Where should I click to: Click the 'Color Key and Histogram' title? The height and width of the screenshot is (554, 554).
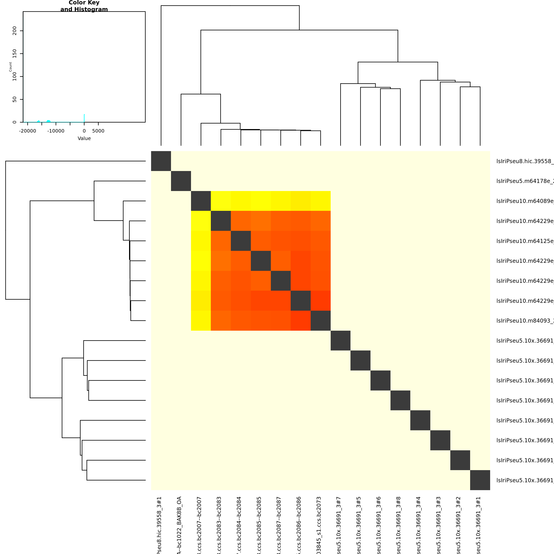coord(84,6)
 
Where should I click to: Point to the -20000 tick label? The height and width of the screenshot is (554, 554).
coord(28,131)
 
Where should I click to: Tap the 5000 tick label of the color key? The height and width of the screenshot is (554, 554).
coord(98,131)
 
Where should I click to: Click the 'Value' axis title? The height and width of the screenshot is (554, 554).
coord(84,138)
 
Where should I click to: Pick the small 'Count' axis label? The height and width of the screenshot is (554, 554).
coord(10,67)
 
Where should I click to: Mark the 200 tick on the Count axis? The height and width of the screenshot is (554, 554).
coord(15,31)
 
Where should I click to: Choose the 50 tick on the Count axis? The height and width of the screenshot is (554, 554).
coord(15,99)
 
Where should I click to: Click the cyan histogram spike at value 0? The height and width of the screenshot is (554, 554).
coord(84,118)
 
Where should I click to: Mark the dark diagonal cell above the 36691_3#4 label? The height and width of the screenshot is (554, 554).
coord(420,420)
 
